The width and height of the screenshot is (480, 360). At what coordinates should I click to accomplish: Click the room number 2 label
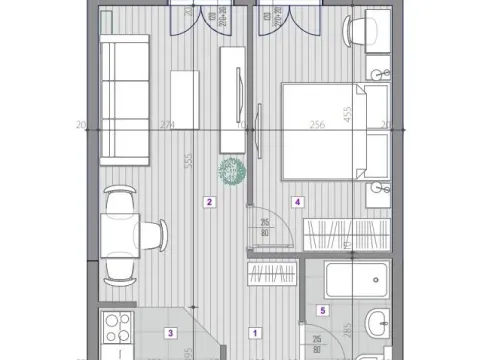click(x=209, y=202)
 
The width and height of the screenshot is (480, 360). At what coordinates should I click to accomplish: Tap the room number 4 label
click(x=298, y=202)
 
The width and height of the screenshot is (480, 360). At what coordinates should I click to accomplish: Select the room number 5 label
click(x=321, y=310)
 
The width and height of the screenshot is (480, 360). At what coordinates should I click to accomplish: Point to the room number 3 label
click(x=171, y=334)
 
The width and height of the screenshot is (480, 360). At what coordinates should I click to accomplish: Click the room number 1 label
click(x=255, y=334)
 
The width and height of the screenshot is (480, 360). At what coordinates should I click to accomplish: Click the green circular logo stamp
click(x=231, y=171)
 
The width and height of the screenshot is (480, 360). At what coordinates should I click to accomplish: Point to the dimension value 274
click(x=167, y=125)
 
